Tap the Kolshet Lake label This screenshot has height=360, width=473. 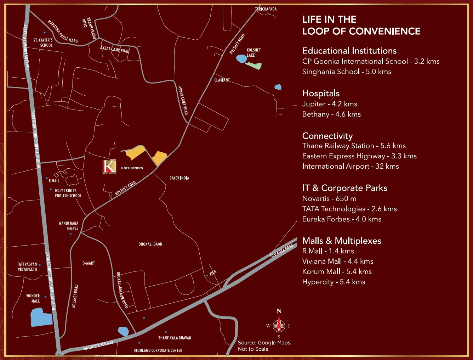(253, 52)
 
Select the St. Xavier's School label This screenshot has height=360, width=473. (43, 43)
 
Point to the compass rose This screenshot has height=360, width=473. (279, 325)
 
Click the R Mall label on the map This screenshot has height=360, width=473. (54, 181)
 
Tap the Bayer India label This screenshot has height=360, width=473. (179, 178)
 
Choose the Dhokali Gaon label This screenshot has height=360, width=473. (150, 244)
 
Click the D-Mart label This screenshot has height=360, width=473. (89, 263)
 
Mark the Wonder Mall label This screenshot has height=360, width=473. (33, 298)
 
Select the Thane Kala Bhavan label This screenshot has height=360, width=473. (175, 338)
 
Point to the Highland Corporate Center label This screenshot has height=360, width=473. (158, 350)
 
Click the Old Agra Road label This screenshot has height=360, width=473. (282, 251)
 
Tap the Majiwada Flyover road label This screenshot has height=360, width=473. (98, 345)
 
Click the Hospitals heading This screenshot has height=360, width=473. (321, 93)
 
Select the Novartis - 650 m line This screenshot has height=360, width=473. (329, 198)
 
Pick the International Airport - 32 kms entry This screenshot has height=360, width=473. (351, 166)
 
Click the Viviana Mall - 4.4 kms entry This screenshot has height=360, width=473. (338, 261)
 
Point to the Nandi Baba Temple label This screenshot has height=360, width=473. (69, 226)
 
